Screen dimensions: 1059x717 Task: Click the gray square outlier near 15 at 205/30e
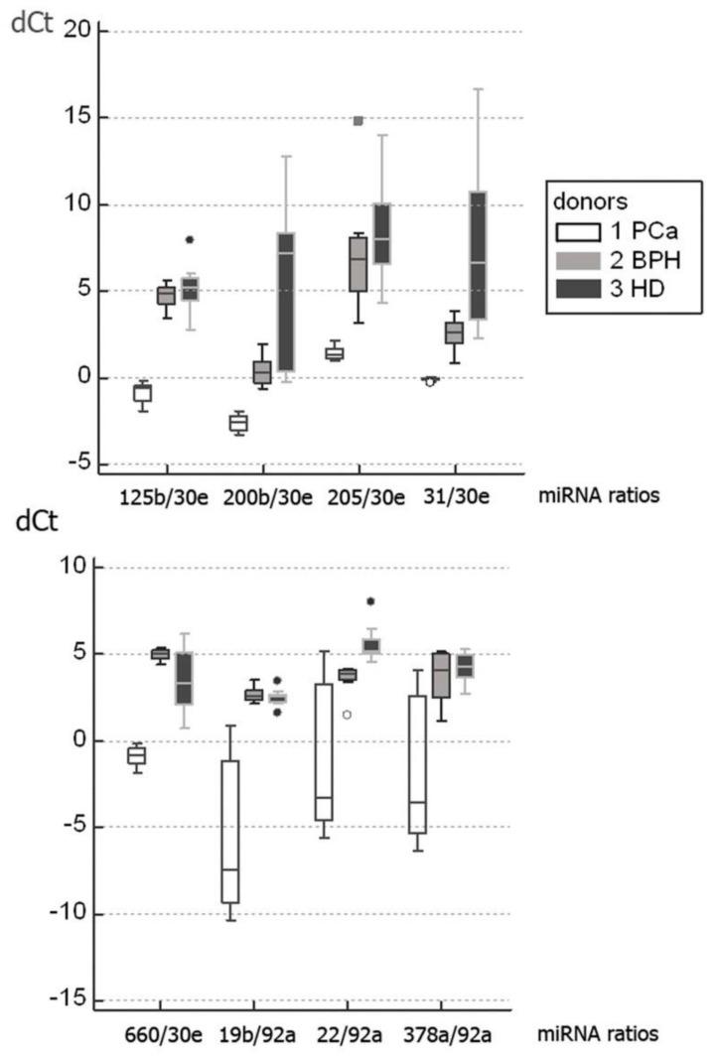(x=358, y=121)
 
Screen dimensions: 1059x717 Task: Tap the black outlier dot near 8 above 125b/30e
(x=190, y=239)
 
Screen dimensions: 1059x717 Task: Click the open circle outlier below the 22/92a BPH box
(x=347, y=715)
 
